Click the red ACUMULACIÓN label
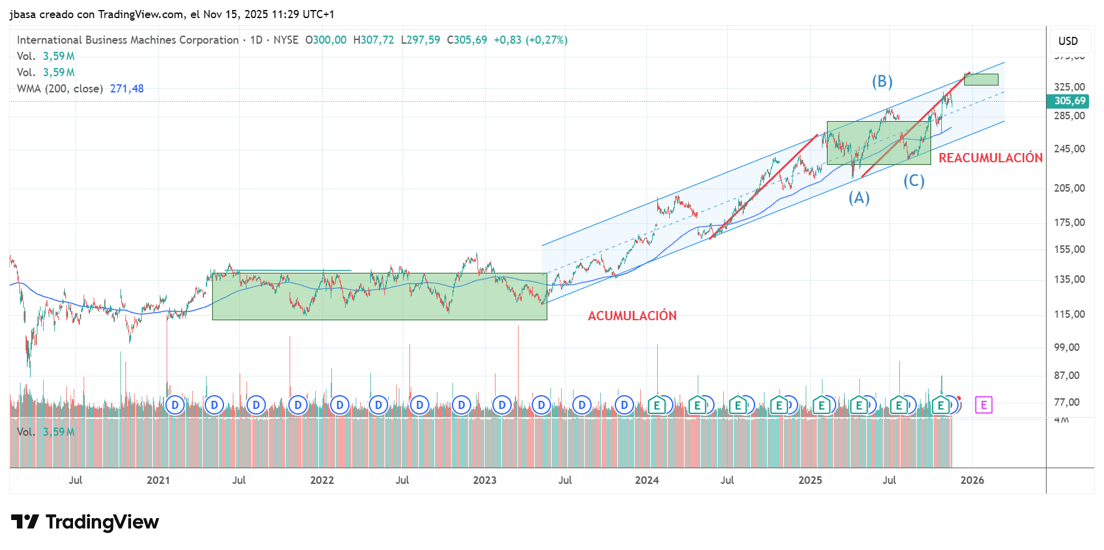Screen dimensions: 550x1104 coord(632,316)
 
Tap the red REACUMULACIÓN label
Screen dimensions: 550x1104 coord(990,158)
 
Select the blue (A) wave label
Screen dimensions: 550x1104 coord(859,198)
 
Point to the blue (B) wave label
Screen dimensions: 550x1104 coord(882,81)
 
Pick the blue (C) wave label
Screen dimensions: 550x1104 coord(914,181)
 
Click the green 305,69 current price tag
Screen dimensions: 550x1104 coord(1070,101)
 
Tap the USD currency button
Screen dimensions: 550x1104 coord(1068,41)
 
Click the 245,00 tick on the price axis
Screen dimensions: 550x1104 coord(1069,149)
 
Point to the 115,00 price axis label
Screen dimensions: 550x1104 coord(1069,315)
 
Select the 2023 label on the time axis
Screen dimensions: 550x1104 coord(484,480)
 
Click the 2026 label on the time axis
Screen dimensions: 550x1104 coord(972,480)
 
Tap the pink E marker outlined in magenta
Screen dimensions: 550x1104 coord(984,405)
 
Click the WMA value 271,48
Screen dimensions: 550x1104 coord(127,89)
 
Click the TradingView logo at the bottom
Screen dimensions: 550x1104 coord(85,522)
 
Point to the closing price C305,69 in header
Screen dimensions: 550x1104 coord(467,40)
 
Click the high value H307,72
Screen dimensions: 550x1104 coord(373,40)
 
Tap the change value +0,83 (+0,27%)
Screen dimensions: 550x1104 coord(530,40)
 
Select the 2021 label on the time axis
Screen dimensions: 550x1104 coord(158,480)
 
